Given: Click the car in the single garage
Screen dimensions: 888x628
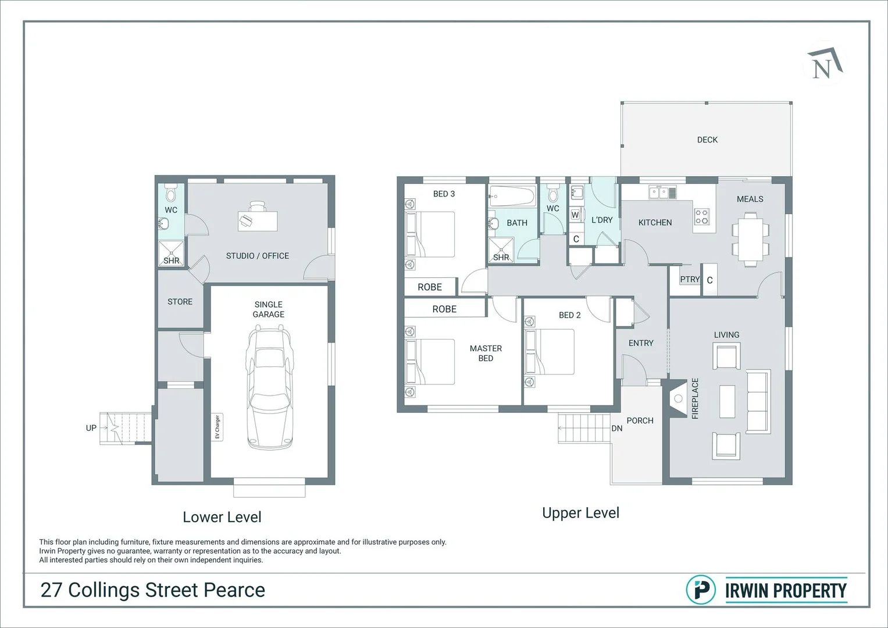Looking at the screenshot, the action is tap(269, 387).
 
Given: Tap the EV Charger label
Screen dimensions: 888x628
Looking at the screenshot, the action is tap(217, 427).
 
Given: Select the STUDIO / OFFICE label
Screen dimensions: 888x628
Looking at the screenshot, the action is tap(257, 256).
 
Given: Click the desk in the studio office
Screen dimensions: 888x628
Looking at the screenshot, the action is tap(257, 220).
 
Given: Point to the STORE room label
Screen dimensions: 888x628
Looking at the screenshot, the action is tap(180, 302).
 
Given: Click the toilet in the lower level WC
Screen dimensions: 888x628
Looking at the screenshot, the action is tap(171, 192).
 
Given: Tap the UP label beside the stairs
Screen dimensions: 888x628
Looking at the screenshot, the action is tap(91, 428).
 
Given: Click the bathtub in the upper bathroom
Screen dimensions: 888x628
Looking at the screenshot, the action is tap(512, 195).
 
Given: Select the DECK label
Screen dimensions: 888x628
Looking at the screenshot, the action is tap(707, 140).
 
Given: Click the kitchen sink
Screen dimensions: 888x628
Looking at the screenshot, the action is tap(662, 192).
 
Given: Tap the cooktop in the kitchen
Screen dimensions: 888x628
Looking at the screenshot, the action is tap(702, 217).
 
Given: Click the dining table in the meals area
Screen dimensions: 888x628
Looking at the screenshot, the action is tap(750, 240).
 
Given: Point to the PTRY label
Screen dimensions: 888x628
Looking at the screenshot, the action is tap(690, 280).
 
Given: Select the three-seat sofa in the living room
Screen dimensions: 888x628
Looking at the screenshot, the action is tap(758, 401).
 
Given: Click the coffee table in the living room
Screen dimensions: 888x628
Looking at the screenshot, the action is tap(727, 401).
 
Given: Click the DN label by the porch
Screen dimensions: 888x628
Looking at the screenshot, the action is tap(617, 428).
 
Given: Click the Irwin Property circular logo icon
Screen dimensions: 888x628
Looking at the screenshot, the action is tap(701, 590).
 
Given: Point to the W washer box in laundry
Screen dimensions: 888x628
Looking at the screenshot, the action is tap(575, 215).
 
